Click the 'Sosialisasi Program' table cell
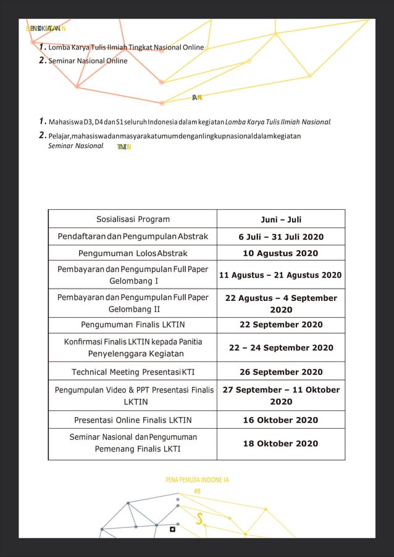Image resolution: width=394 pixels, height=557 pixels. pyautogui.click(x=133, y=219)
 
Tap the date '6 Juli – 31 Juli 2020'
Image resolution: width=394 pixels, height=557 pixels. pyautogui.click(x=281, y=237)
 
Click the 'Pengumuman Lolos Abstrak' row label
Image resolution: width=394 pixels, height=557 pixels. pyautogui.click(x=133, y=254)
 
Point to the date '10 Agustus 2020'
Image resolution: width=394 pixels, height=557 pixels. pyautogui.click(x=281, y=254)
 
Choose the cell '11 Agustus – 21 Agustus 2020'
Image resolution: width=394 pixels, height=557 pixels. pyautogui.click(x=281, y=275)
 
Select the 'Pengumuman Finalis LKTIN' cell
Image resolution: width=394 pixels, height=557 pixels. pyautogui.click(x=133, y=325)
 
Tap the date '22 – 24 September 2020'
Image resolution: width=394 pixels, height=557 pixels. pyautogui.click(x=281, y=348)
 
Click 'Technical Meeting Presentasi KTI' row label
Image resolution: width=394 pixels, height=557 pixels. pyautogui.click(x=133, y=372)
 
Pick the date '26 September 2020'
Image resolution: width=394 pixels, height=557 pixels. pyautogui.click(x=281, y=372)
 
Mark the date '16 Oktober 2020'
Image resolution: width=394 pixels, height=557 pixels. pyautogui.click(x=281, y=420)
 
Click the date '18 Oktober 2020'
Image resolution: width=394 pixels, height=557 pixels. pyautogui.click(x=281, y=444)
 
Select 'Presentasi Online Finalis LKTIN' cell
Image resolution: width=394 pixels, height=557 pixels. pyautogui.click(x=133, y=420)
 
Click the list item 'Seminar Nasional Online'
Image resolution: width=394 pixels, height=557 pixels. pyautogui.click(x=88, y=61)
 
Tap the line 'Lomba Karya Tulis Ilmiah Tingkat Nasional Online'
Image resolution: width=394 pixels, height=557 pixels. pyautogui.click(x=126, y=47)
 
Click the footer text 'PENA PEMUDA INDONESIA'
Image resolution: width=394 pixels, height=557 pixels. pyautogui.click(x=197, y=479)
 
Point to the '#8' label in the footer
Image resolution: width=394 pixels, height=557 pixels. pyautogui.click(x=197, y=491)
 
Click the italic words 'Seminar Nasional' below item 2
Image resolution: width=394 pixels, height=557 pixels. pyautogui.click(x=75, y=146)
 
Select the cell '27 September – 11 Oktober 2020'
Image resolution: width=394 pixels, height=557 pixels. pyautogui.click(x=281, y=395)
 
